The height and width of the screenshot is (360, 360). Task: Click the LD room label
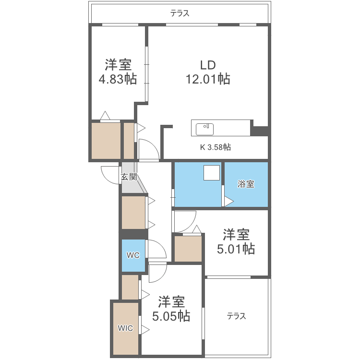coord(208,65)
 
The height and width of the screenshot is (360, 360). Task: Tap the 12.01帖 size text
coord(208,79)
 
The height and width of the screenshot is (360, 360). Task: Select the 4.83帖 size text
coord(118,79)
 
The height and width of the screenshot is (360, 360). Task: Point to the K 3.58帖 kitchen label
coord(215,147)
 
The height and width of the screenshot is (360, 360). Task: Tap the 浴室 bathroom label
coord(246,184)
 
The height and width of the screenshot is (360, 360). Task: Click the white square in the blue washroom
coord(212,173)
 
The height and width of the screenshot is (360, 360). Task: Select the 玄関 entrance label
coord(129,177)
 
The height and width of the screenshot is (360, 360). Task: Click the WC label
coord(133,255)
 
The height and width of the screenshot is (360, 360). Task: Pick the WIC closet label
coord(126,329)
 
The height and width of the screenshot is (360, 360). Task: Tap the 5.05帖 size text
coord(171,316)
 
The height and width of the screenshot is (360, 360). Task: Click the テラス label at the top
coord(180,13)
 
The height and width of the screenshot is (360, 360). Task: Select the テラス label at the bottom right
coord(236,316)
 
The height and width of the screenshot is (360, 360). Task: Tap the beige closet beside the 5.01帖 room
coord(188,249)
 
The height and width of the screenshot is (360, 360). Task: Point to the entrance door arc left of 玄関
coord(109,173)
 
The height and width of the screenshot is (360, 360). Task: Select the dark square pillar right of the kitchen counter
coord(260,131)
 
